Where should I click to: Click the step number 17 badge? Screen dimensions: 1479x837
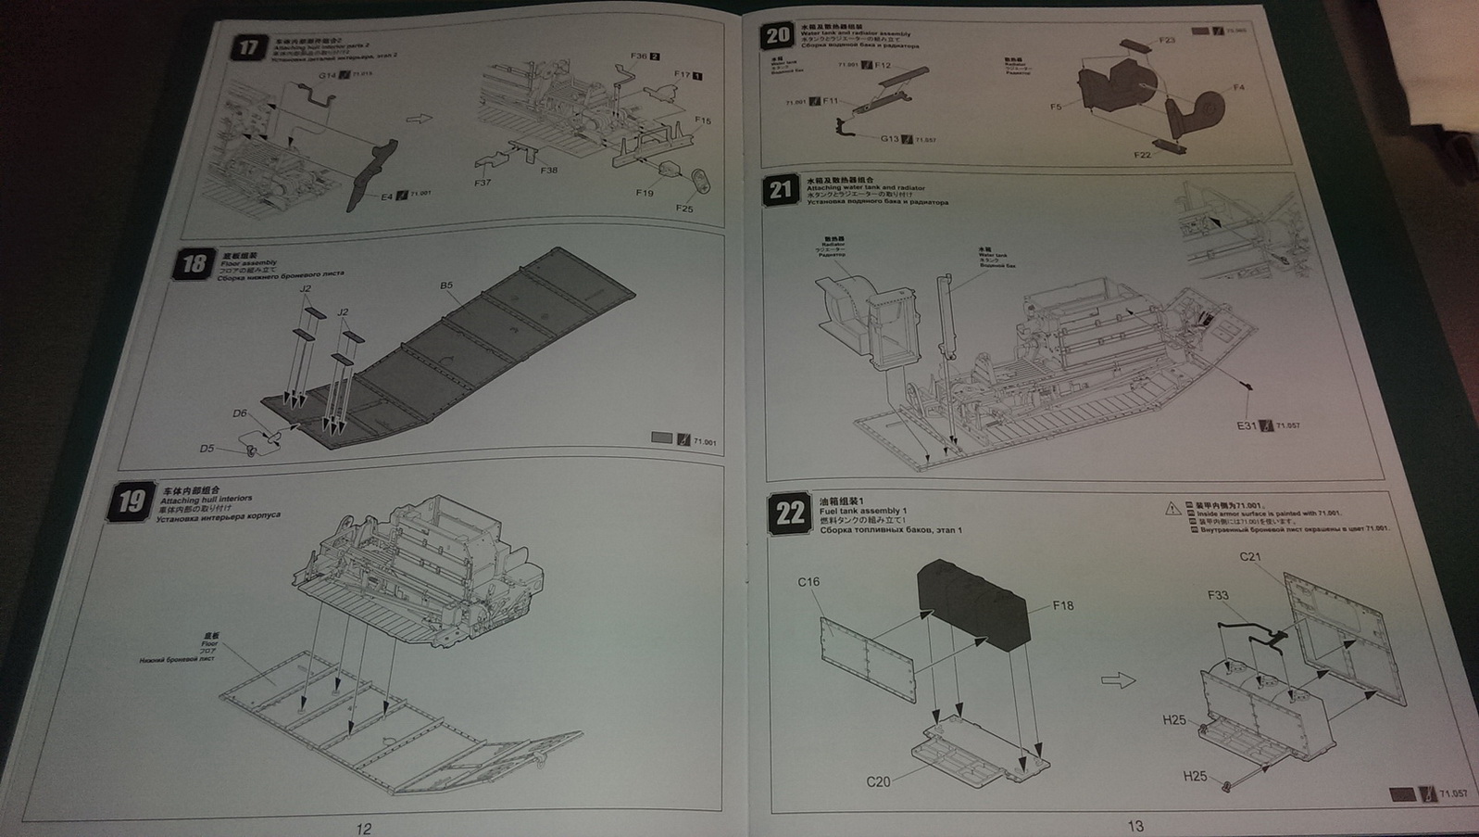247,47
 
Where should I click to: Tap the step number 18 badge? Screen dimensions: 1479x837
193,264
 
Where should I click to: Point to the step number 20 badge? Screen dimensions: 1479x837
776,36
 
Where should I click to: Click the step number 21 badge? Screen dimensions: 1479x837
781,191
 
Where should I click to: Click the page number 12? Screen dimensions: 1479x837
363,828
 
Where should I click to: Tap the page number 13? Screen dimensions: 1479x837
1135,826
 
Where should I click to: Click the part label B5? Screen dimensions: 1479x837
446,286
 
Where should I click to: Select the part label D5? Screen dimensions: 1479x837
207,449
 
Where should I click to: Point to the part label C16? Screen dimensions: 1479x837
808,582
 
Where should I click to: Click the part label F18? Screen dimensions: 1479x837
1062,605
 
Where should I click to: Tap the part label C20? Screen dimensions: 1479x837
878,781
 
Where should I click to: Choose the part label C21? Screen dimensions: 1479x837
1250,557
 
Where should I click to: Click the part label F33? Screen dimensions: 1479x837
1218,595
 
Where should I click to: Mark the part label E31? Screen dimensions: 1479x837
1247,425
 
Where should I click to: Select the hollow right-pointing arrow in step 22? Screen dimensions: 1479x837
1118,681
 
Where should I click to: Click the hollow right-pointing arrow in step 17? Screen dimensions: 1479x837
420,119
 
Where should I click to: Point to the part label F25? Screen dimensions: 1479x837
683,209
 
